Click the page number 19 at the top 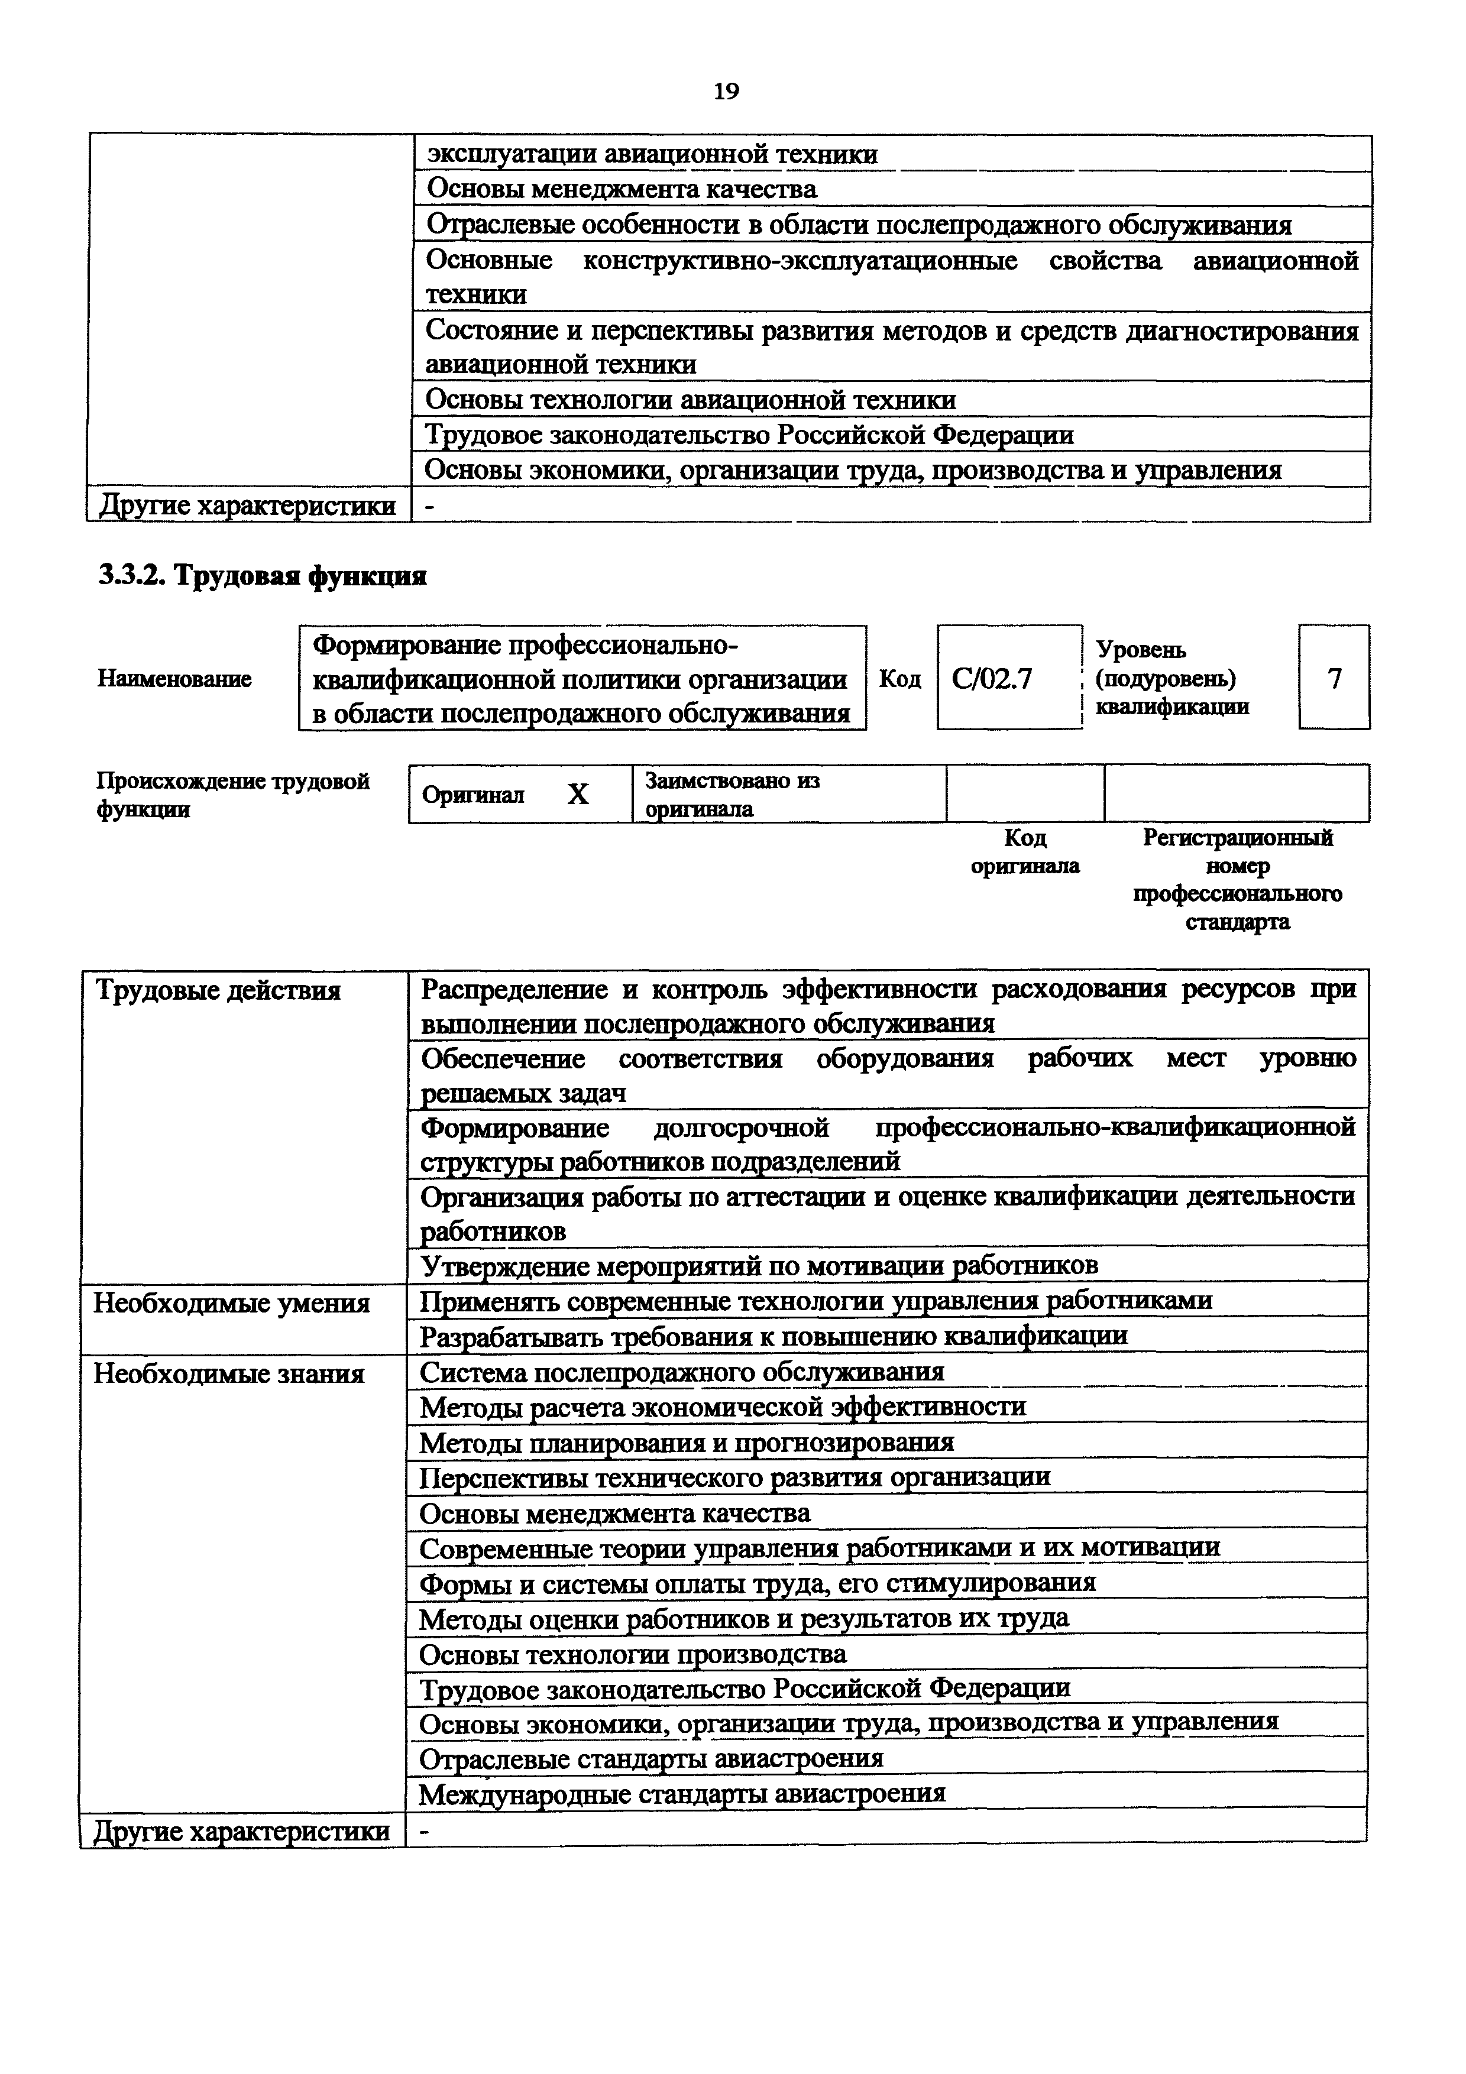point(726,91)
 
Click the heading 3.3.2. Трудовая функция point(262,575)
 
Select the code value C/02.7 point(991,678)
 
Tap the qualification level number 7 point(1334,678)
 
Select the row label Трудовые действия point(218,991)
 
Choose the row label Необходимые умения point(231,1304)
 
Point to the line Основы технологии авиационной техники point(690,399)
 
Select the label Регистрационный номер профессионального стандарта point(1238,880)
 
